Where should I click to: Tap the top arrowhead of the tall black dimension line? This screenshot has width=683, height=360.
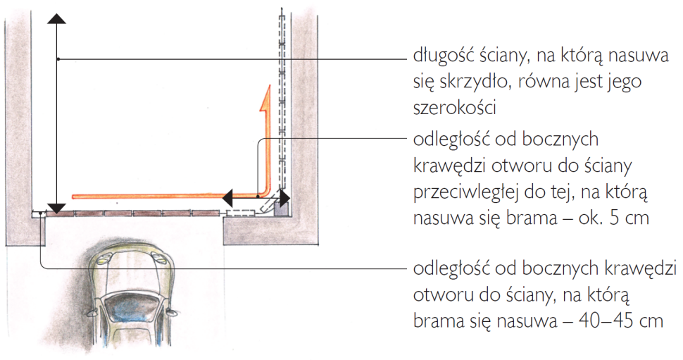coord(56,18)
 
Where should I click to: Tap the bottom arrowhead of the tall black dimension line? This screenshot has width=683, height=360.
coord(56,209)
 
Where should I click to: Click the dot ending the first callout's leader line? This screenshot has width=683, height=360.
coord(59,58)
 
